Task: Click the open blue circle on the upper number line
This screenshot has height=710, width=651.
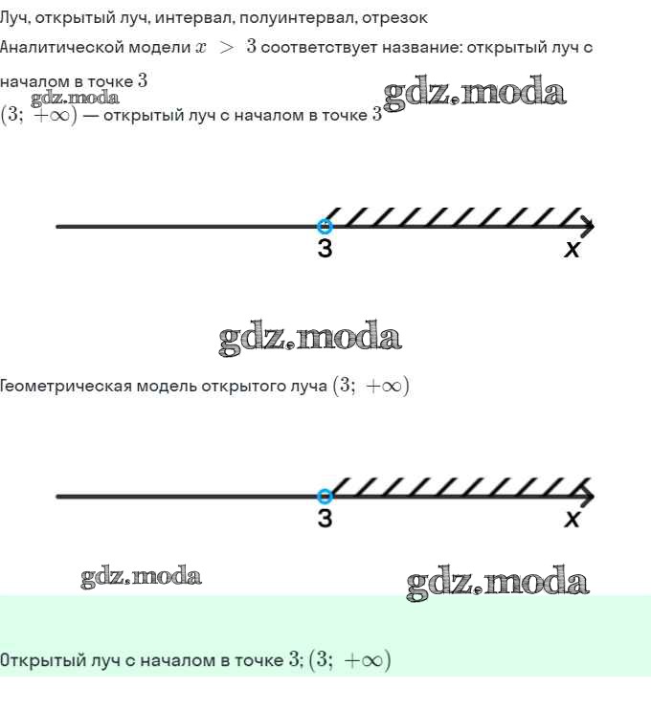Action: tap(325, 226)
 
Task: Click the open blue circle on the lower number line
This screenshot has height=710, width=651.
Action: tap(325, 497)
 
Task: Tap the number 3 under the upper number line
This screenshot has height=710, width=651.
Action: tap(325, 248)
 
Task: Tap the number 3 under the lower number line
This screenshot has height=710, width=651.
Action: tap(325, 518)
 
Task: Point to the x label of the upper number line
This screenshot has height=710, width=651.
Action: tap(572, 250)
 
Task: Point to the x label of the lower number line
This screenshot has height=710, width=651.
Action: tap(572, 519)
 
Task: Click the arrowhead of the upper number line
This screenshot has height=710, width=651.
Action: tap(588, 227)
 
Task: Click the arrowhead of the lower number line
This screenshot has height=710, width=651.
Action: tap(588, 497)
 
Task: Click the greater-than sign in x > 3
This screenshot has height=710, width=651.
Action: tap(226, 48)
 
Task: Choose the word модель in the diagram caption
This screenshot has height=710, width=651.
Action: tap(167, 387)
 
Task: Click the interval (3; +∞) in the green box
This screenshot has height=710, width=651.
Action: tap(349, 659)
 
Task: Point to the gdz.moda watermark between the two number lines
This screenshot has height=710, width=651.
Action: tap(310, 338)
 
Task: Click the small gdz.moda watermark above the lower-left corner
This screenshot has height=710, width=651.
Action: tap(141, 576)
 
